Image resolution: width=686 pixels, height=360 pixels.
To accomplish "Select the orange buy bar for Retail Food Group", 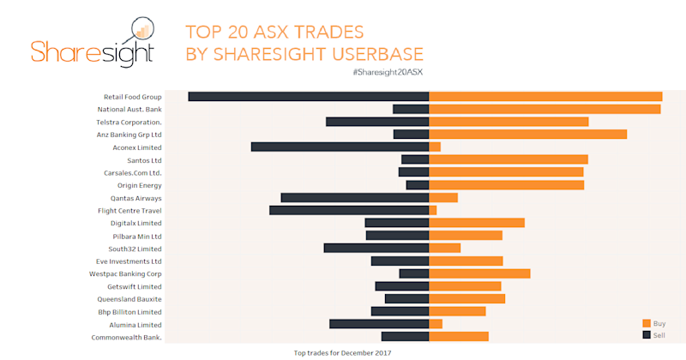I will coord(545,96).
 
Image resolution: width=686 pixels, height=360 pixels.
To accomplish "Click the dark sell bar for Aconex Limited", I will coord(340,147).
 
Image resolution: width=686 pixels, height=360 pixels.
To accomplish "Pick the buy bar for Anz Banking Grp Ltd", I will coord(527,135).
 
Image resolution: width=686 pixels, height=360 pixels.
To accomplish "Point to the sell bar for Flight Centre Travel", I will coord(349,210).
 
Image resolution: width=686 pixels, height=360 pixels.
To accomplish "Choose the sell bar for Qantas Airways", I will coord(354,198).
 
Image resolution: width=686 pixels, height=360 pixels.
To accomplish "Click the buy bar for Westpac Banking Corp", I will coord(479,273).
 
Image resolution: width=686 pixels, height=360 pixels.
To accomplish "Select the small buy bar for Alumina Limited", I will coord(436,324).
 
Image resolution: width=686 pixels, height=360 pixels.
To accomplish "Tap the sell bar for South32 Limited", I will coord(376,248).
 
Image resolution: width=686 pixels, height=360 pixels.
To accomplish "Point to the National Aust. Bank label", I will coord(129,110).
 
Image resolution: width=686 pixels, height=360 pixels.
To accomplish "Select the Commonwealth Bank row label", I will coord(127,337).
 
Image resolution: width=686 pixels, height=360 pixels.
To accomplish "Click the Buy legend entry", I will coord(653,323).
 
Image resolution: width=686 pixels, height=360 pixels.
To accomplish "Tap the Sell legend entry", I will coord(653,334).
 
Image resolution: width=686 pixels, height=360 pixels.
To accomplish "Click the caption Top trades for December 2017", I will coord(342,352).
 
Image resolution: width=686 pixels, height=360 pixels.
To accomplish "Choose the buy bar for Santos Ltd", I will coord(508,159).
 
